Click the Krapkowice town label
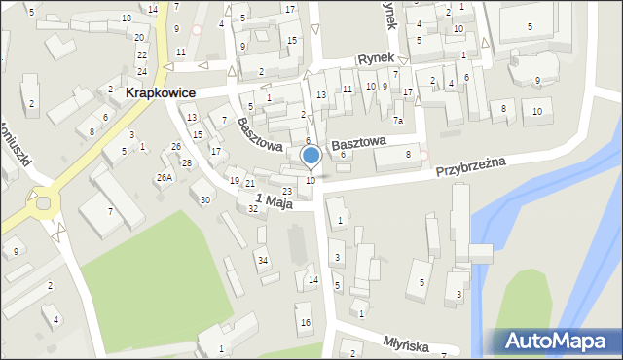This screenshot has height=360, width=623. (x=161, y=92)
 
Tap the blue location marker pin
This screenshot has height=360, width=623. (x=311, y=156)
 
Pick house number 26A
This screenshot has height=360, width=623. (x=165, y=177)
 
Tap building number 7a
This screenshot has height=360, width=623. (x=398, y=121)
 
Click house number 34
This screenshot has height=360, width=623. (x=262, y=260)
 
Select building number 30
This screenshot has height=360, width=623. (x=205, y=199)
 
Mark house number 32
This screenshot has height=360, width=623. (x=253, y=209)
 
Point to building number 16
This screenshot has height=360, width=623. (x=305, y=322)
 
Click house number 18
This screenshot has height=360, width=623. (x=127, y=18)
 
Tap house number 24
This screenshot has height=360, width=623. (x=142, y=71)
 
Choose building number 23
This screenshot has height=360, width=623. (x=286, y=191)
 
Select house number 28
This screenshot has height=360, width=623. (x=186, y=162)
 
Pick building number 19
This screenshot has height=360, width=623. (x=234, y=181)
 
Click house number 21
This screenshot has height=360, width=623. (x=250, y=184)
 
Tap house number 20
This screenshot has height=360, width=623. (x=139, y=37)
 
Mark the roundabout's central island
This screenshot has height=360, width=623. (x=43, y=204)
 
